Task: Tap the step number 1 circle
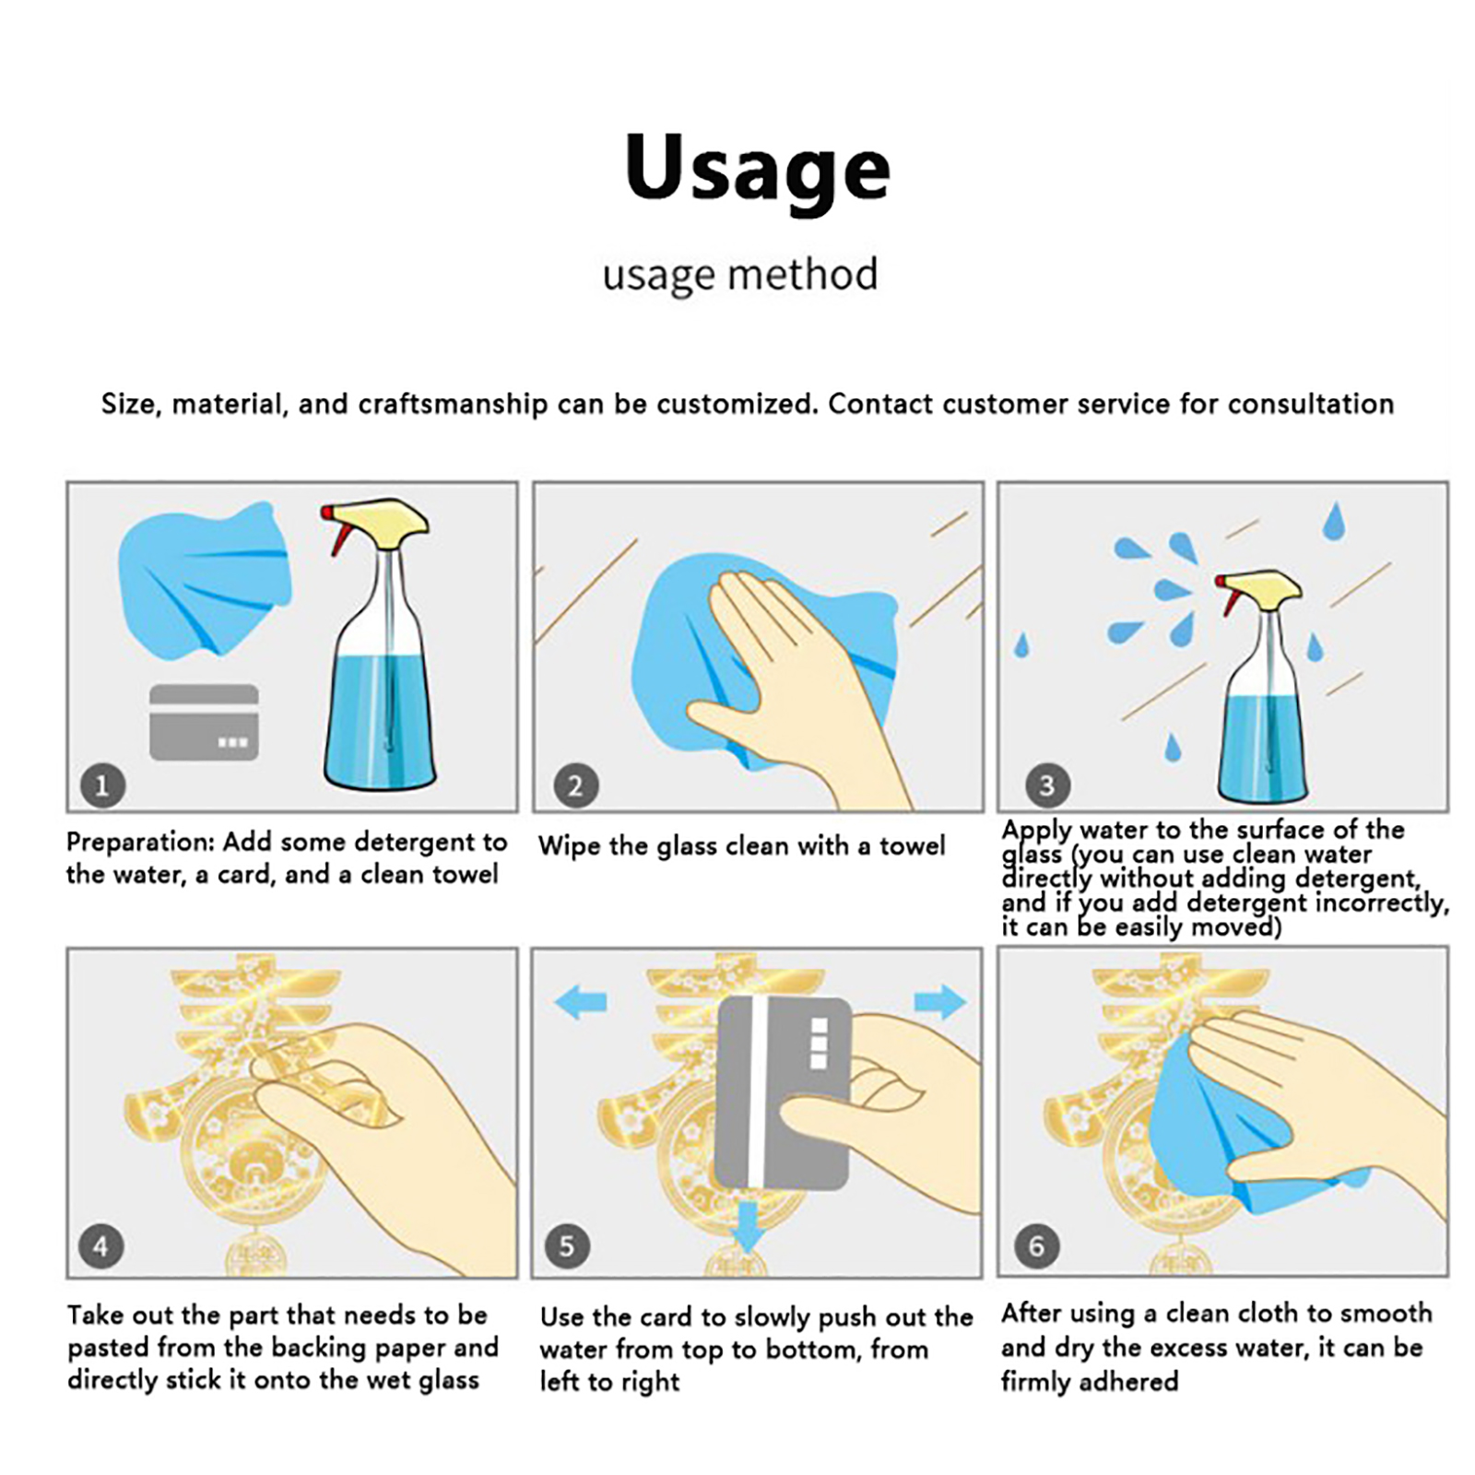click(102, 785)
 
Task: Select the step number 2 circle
click(576, 785)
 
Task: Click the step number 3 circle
click(1047, 785)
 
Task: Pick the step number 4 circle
click(100, 1246)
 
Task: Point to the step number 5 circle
click(567, 1246)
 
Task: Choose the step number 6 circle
click(1036, 1246)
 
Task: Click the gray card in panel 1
click(204, 723)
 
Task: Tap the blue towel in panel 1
click(205, 580)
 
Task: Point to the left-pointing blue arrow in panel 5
click(582, 1002)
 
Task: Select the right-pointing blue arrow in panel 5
click(940, 1002)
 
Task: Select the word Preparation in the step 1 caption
click(140, 843)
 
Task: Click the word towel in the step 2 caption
click(912, 845)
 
